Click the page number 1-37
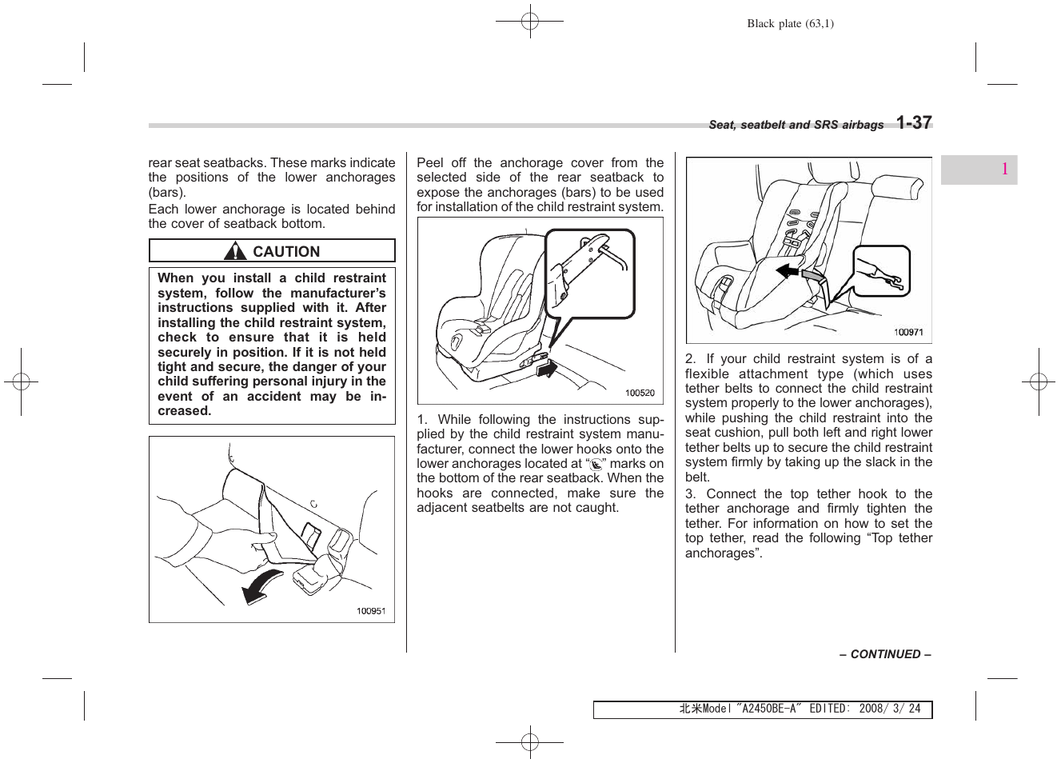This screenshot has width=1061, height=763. (914, 122)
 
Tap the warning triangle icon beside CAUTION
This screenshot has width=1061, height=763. (235, 252)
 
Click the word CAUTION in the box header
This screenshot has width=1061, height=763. (286, 252)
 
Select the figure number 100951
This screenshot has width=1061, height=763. (371, 611)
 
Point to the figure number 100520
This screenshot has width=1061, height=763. (640, 393)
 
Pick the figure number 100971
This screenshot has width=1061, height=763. (908, 332)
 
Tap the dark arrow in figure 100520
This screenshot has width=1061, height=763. (546, 368)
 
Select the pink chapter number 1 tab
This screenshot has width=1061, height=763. (1003, 169)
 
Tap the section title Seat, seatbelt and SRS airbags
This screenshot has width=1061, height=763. (796, 125)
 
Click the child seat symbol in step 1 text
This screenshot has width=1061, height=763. (596, 465)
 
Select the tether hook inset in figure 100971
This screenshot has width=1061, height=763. (881, 272)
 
